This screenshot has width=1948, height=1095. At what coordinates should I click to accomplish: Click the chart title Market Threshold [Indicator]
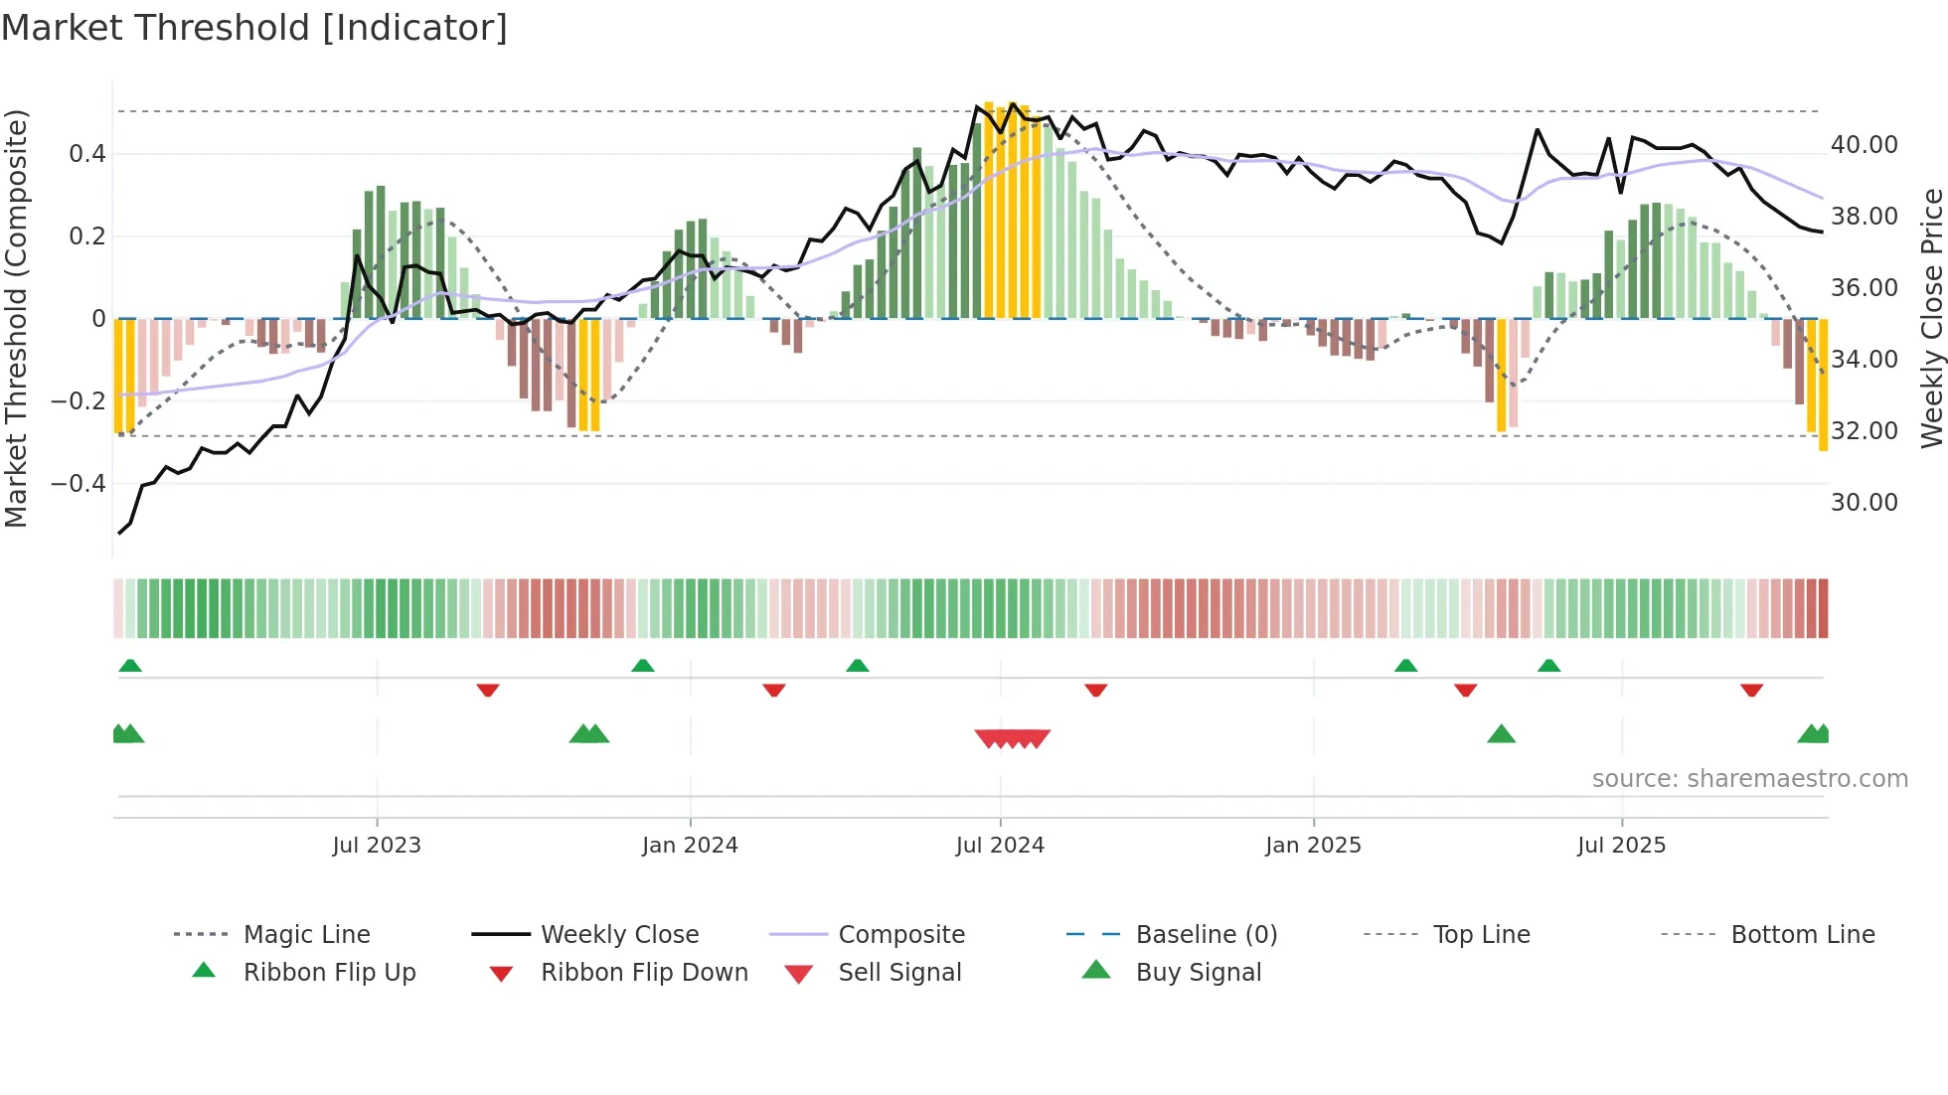[x=254, y=28]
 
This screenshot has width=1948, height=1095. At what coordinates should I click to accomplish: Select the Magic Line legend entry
[x=306, y=934]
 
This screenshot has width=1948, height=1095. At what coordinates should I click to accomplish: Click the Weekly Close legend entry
[x=619, y=934]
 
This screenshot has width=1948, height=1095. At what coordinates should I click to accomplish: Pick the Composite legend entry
[x=900, y=934]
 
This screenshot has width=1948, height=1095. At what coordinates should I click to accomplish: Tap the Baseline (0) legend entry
[x=1206, y=934]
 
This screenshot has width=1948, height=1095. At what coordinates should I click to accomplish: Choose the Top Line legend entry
[x=1481, y=934]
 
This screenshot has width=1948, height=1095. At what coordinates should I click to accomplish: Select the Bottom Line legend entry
[x=1802, y=934]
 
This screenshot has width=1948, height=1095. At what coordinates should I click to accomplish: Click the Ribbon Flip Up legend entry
[x=329, y=972]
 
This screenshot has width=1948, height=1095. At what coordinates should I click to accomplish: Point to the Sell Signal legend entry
[x=899, y=972]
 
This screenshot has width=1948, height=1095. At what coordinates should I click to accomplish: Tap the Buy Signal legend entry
[x=1198, y=972]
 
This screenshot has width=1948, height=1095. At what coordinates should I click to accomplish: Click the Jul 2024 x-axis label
[x=1000, y=845]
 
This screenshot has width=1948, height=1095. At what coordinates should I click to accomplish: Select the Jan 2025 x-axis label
[x=1313, y=845]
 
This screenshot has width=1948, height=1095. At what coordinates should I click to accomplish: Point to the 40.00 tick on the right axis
[x=1865, y=145]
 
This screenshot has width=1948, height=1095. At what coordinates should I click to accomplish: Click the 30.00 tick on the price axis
[x=1865, y=503]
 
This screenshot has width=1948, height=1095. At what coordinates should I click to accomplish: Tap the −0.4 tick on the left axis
[x=78, y=484]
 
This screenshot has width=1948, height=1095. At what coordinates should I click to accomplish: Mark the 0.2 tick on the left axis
[x=86, y=236]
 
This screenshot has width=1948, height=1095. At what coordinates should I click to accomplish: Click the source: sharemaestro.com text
[x=1749, y=778]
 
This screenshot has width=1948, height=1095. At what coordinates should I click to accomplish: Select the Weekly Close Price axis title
[x=1931, y=318]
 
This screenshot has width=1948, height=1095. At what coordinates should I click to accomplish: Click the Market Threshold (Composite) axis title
[x=16, y=318]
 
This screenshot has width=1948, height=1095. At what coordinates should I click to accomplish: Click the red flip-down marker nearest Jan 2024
[x=774, y=690]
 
